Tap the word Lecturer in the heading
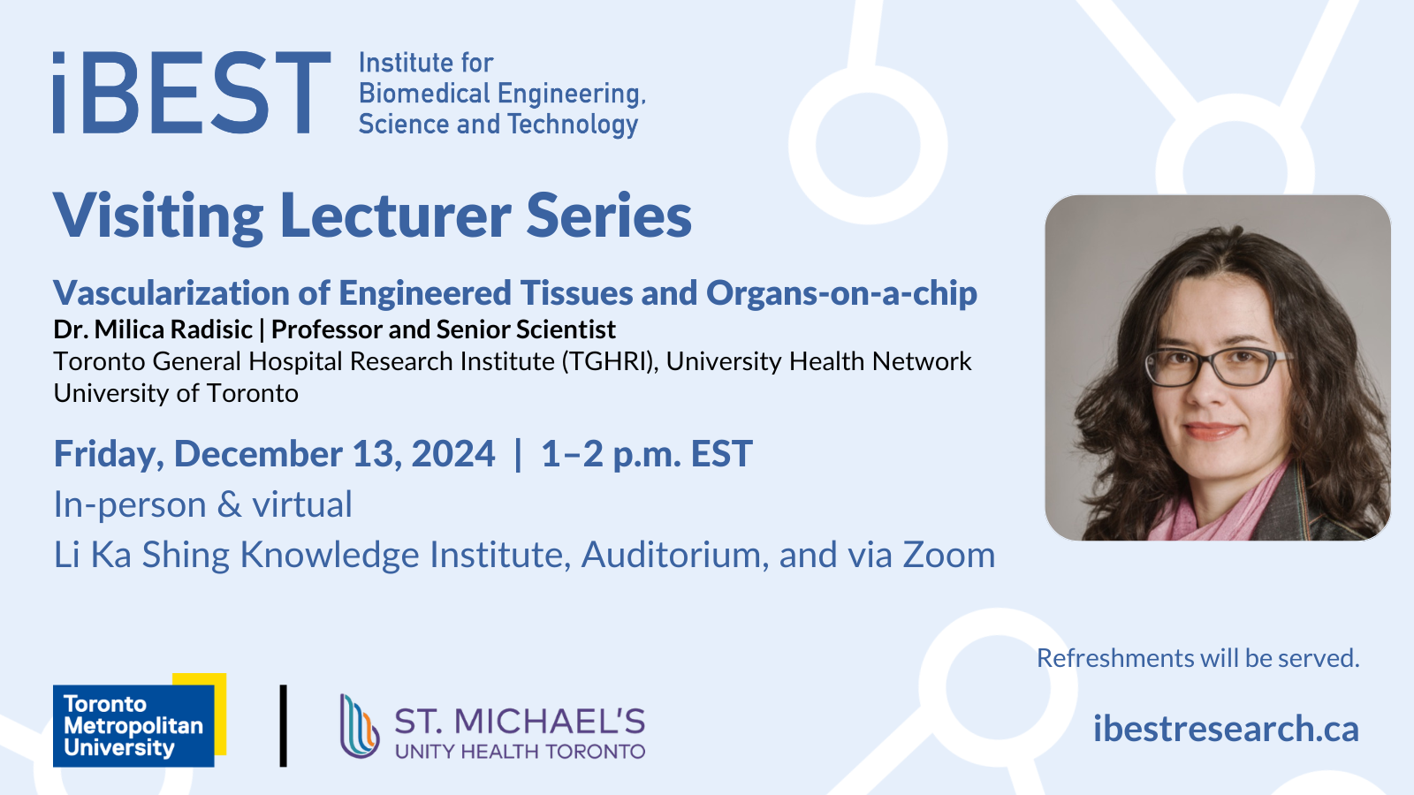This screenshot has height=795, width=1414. point(395,216)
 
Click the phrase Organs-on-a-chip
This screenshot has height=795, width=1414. point(841,293)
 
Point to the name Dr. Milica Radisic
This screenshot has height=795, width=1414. point(153,329)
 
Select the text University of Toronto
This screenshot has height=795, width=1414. point(176,393)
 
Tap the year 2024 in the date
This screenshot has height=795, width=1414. point(453,454)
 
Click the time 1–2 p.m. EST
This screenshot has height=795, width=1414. point(646,454)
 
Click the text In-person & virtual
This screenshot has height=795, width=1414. point(202,504)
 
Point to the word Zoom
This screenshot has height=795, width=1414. point(948,555)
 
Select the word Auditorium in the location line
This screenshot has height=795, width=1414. point(674,555)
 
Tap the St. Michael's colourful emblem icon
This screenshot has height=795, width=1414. point(359,726)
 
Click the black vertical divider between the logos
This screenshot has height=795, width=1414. point(283,725)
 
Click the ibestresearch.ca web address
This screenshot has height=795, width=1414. point(1226,729)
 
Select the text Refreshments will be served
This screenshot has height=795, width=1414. point(1197,658)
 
